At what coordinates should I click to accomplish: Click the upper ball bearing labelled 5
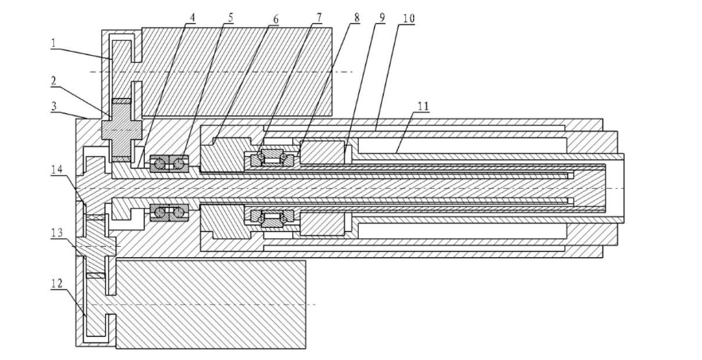169,162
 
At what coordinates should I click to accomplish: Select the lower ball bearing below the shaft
169,213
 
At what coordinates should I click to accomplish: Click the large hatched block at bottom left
211,303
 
